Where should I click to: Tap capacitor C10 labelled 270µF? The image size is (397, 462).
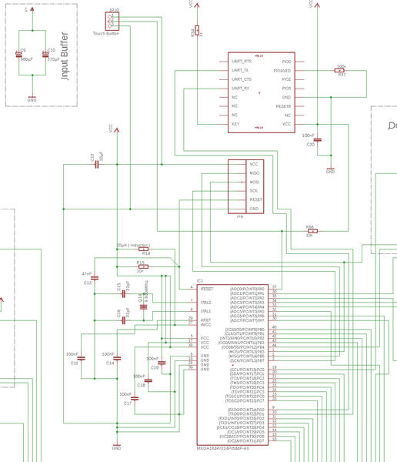(45, 55)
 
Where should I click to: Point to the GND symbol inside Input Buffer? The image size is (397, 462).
(32, 97)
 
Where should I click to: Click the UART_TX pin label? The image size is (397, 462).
(241, 70)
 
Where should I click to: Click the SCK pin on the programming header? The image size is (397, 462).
(253, 190)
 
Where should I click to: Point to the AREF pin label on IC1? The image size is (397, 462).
(205, 319)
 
